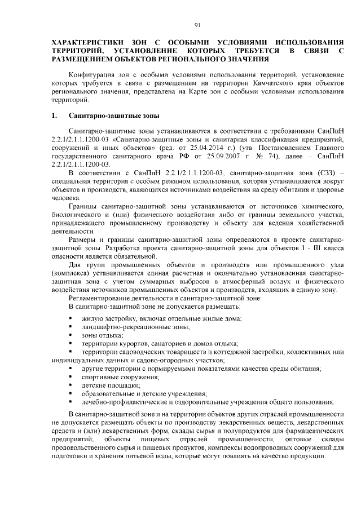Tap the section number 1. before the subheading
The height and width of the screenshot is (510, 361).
pyautogui.click(x=55, y=116)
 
